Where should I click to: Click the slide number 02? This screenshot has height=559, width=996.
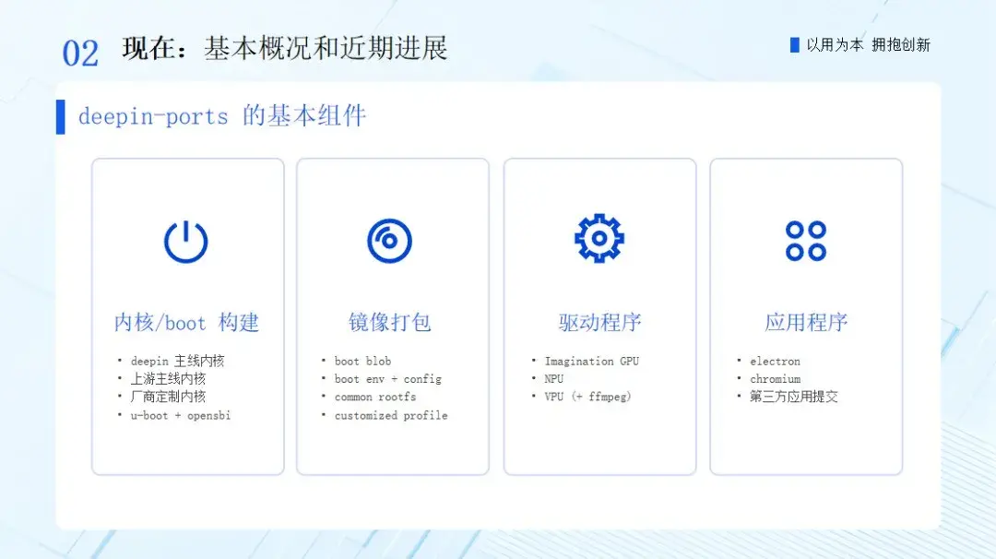80,53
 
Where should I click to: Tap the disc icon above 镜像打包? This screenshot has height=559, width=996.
389,241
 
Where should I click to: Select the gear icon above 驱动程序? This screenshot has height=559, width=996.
599,238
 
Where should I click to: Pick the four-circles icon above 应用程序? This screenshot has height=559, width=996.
805,241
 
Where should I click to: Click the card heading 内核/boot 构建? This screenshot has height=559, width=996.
186,323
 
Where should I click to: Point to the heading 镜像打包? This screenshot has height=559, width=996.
390,323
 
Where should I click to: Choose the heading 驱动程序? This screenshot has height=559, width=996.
599,323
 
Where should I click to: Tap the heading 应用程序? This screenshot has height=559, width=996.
806,323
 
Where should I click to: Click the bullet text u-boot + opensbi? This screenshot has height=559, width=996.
181,415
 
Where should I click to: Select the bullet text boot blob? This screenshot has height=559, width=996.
362,361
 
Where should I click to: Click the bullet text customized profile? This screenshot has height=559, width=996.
391,415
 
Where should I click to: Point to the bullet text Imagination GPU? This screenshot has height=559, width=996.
592,361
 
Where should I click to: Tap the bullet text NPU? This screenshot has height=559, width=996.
554,378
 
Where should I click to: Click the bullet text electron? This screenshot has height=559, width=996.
775,361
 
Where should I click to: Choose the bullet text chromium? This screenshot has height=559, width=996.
775,378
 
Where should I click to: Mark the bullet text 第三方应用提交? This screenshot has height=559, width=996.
794,397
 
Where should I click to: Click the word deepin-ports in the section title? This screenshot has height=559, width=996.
153,117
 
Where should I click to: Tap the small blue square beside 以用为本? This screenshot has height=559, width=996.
794,45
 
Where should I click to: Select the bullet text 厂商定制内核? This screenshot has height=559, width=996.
169,397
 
